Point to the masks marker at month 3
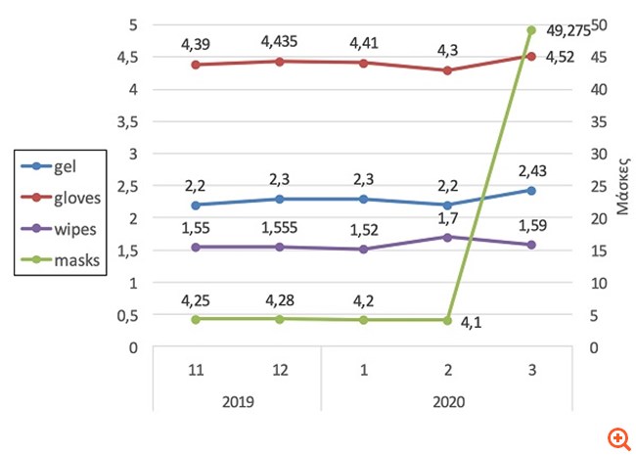point(531,29)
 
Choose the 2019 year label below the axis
point(238,402)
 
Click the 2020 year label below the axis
point(447,402)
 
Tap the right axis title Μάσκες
point(619,185)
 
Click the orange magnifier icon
point(616,437)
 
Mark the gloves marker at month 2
point(447,70)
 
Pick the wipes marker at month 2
point(447,237)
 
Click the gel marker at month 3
point(531,190)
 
